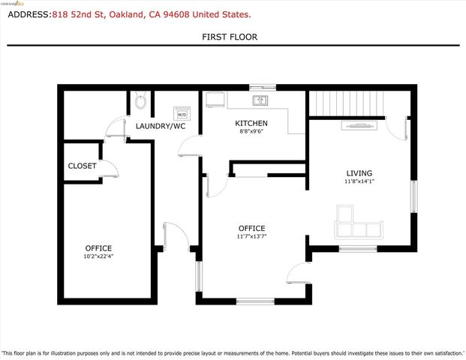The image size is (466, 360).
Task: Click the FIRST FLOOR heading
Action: (x=233, y=36)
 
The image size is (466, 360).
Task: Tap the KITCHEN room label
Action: (x=251, y=123)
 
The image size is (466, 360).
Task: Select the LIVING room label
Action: (x=359, y=172)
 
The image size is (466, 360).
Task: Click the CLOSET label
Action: (x=82, y=166)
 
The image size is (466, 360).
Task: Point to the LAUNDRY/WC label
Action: (x=160, y=126)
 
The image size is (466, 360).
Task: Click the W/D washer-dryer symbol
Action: (x=181, y=113)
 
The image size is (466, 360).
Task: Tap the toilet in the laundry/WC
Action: (x=140, y=101)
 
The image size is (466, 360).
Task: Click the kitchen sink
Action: (x=260, y=100)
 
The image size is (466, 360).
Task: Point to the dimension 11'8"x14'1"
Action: (x=359, y=181)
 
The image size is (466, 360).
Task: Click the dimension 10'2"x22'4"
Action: (x=98, y=256)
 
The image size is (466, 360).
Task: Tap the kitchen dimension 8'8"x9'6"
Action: (x=251, y=132)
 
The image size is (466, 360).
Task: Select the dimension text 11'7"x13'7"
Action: (x=252, y=236)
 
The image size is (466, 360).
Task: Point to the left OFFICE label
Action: (x=98, y=247)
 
